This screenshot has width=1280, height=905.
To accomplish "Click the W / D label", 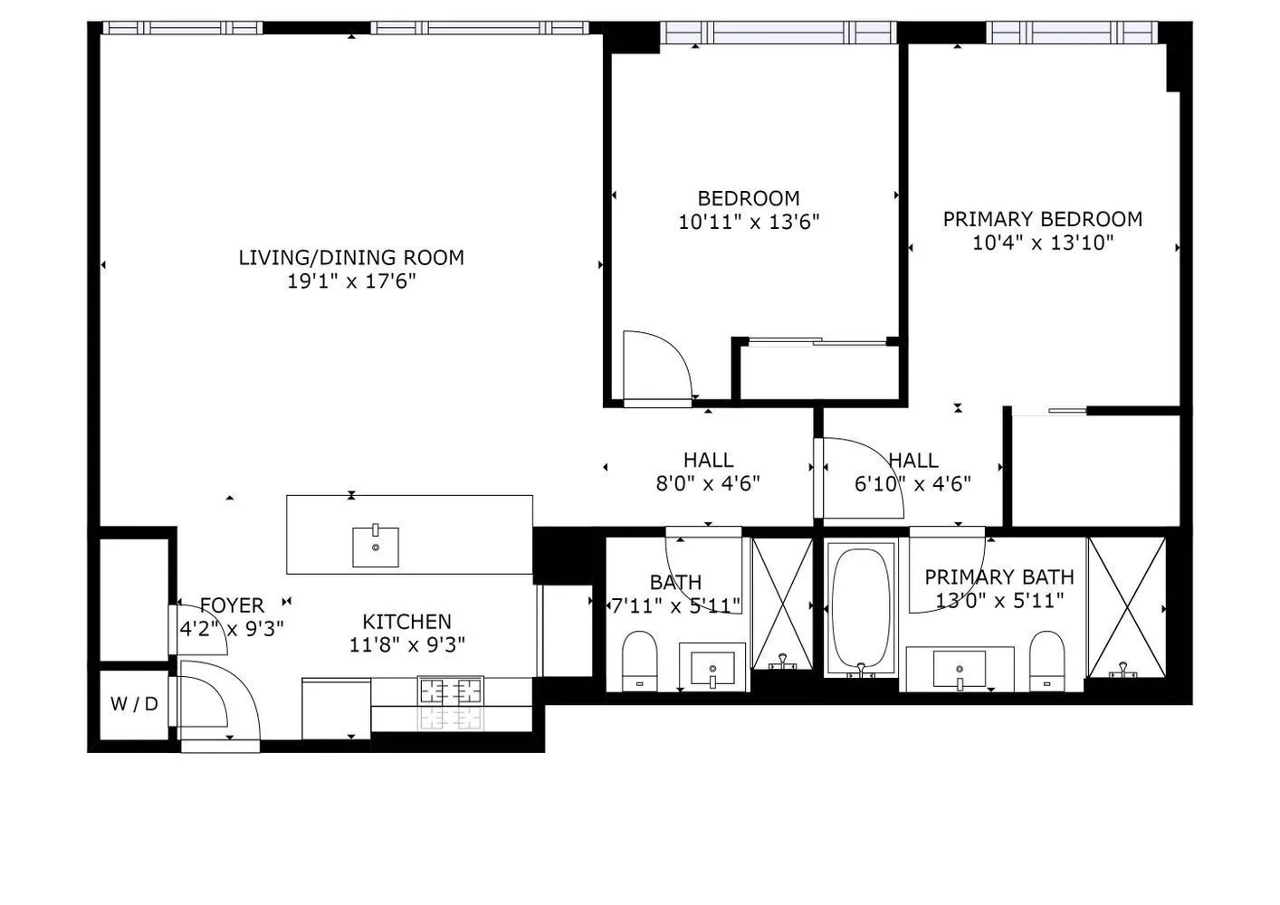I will pos(134,703).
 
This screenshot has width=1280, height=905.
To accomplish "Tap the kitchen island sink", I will pos(375,547).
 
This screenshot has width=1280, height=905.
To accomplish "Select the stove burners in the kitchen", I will pos(450,691).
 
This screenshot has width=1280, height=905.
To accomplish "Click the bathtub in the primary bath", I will pos(861,607).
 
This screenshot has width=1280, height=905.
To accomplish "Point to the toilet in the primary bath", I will pos(1046,661).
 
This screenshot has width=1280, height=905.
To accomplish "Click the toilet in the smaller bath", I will pos(640,661).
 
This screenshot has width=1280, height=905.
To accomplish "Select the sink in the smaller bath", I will pos(713,669).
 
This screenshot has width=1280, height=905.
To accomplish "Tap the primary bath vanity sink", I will pos(960,671).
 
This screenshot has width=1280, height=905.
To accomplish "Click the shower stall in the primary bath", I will pos(1126,606).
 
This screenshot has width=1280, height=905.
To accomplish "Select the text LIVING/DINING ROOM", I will pos(351,257).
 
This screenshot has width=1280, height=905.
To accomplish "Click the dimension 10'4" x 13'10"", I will pos(1043,243).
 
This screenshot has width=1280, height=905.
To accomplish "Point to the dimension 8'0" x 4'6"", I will pos(708,483).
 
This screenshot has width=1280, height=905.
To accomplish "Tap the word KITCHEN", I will pos(406,622).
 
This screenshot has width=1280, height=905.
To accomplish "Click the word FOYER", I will pos(232,605).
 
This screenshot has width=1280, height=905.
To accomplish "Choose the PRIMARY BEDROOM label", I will pos(1043,219).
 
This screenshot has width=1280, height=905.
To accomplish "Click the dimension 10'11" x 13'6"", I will pos(749,222).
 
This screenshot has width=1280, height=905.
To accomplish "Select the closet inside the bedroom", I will pos(818,372).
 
